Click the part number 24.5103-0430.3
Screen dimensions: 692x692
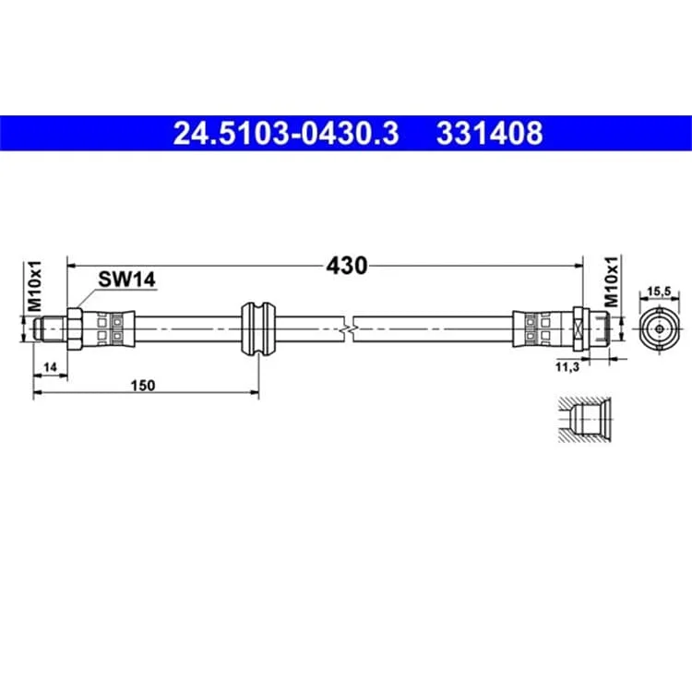(286, 133)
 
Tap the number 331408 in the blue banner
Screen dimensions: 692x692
(489, 133)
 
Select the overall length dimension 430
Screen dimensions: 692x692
(346, 266)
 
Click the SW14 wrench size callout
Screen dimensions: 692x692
(126, 280)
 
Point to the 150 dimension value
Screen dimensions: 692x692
(143, 386)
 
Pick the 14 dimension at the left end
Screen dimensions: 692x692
(51, 366)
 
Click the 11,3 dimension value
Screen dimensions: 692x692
(567, 366)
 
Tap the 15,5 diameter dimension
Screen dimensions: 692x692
(659, 292)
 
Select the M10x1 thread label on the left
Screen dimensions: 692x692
(34, 285)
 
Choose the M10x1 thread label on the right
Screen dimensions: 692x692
(612, 281)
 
